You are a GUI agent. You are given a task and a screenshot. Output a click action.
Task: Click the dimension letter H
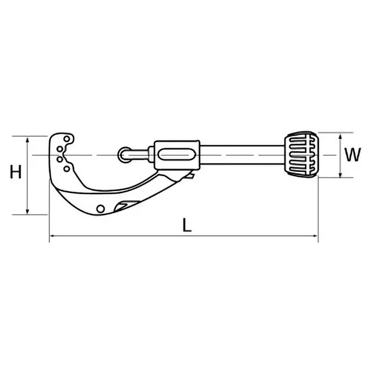pyautogui.click(x=16, y=173)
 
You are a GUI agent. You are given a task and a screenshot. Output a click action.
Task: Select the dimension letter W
pyautogui.click(x=353, y=155)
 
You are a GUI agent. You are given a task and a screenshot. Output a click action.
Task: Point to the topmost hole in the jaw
pyautogui.click(x=67, y=139)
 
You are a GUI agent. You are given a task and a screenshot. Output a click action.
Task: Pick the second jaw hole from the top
pyautogui.click(x=60, y=149)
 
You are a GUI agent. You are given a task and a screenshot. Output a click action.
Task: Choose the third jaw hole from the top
pyautogui.click(x=60, y=159)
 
